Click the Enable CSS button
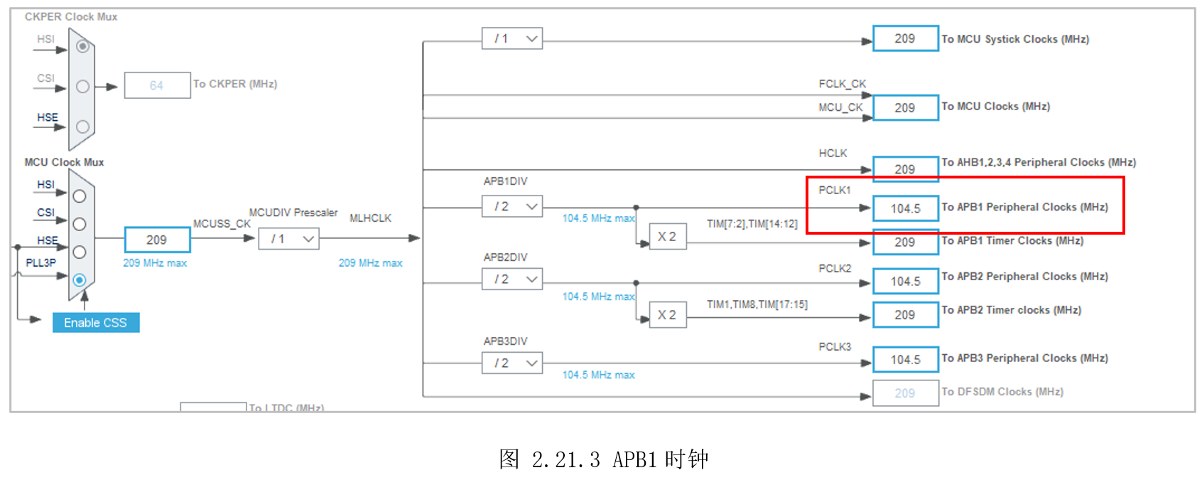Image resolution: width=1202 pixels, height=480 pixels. pyautogui.click(x=96, y=323)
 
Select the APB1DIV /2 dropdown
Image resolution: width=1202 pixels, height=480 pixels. pyautogui.click(x=511, y=206)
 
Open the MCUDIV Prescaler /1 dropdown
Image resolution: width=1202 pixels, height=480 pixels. pyautogui.click(x=288, y=239)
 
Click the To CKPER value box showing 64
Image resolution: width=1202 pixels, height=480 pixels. pyautogui.click(x=157, y=85)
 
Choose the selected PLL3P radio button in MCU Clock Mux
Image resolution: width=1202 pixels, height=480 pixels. pyautogui.click(x=80, y=280)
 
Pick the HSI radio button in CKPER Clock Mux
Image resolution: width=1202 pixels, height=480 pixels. pyautogui.click(x=82, y=46)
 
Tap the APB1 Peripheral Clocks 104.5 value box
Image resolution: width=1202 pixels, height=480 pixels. pyautogui.click(x=905, y=208)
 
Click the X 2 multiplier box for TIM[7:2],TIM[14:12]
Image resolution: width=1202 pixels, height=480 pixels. pyautogui.click(x=667, y=237)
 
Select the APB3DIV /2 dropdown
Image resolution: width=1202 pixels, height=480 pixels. pyautogui.click(x=511, y=363)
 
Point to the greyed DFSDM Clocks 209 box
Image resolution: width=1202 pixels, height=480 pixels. pyautogui.click(x=905, y=393)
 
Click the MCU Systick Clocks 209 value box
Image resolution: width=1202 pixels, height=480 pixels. pyautogui.click(x=905, y=38)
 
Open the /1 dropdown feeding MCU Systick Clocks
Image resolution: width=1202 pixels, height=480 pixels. pyautogui.click(x=511, y=38)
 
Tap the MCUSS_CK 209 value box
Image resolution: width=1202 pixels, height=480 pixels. pyautogui.click(x=157, y=240)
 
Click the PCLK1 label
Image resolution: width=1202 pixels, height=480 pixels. pyautogui.click(x=834, y=190)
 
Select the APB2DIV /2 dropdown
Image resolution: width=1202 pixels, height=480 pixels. pyautogui.click(x=511, y=279)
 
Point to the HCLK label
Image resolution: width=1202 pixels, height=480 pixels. pyautogui.click(x=833, y=153)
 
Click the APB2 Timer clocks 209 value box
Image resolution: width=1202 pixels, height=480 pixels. pyautogui.click(x=905, y=315)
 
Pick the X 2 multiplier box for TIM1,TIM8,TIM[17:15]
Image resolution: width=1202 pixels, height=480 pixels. pyautogui.click(x=667, y=315)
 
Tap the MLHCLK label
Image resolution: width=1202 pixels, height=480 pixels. pyautogui.click(x=370, y=218)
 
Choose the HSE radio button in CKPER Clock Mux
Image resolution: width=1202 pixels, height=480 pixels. pyautogui.click(x=82, y=127)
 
